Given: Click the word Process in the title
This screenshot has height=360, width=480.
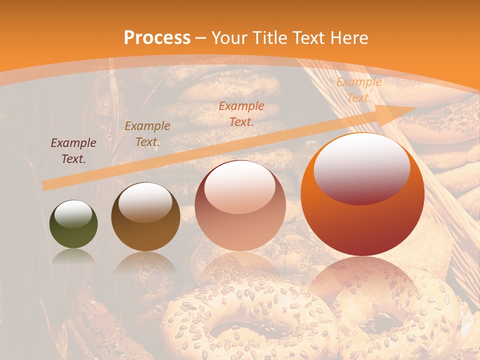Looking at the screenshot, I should click(x=157, y=38).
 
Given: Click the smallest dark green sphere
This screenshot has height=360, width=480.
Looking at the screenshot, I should click(x=73, y=224).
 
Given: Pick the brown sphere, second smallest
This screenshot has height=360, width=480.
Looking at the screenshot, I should click(x=145, y=217).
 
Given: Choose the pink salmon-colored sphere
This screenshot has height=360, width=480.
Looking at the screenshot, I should click(x=240, y=206).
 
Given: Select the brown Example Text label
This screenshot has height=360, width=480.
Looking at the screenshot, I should click(x=147, y=134).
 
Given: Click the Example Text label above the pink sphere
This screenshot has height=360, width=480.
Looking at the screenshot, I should click(x=241, y=113).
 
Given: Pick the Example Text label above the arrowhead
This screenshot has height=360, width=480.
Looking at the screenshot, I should click(x=358, y=90).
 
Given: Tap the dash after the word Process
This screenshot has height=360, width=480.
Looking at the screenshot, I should click(x=201, y=38).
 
